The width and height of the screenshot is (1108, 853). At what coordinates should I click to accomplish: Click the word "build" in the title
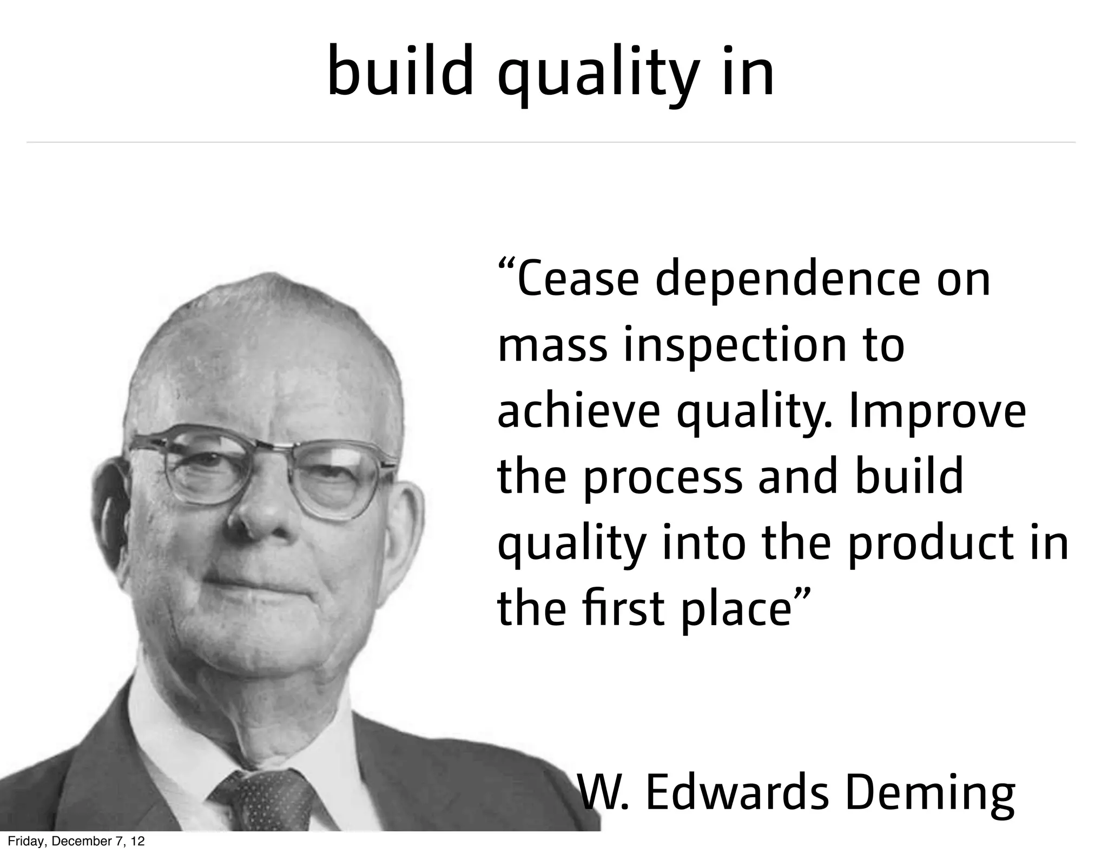click(x=400, y=71)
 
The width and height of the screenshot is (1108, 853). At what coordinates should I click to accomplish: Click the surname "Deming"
click(x=930, y=795)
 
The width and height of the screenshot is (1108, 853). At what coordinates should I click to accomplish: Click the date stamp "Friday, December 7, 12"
click(x=76, y=841)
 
